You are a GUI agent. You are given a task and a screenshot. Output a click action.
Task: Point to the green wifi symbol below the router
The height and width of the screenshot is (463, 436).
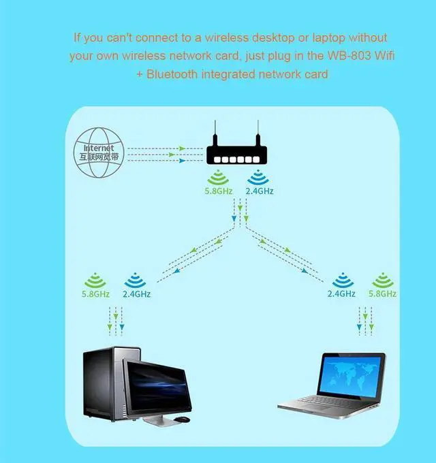pos(219,178)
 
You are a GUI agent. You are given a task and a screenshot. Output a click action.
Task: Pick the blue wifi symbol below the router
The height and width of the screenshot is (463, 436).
pos(258,178)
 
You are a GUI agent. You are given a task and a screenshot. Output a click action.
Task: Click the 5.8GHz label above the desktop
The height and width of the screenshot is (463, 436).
pos(95,294)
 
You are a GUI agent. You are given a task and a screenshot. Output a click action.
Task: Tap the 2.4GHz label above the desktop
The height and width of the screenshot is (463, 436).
pos(136,294)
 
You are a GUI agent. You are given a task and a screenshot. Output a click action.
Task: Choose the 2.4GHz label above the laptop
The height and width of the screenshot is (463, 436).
pos(341,294)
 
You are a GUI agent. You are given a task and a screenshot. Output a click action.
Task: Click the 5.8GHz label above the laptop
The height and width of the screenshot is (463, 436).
pos(382,294)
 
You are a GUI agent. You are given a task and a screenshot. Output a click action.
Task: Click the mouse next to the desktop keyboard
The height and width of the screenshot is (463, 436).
pos(183,420)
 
